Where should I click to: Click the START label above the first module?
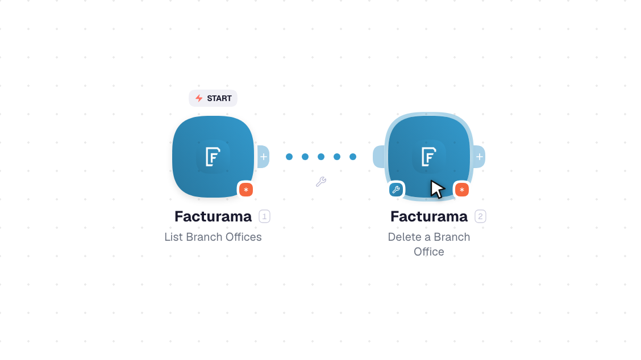pyautogui.click(x=213, y=98)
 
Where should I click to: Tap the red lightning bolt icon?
pyautogui.click(x=199, y=98)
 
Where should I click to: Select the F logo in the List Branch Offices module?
pyautogui.click(x=213, y=157)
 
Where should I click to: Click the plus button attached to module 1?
pyautogui.click(x=264, y=157)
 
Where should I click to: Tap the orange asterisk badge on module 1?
pyautogui.click(x=245, y=190)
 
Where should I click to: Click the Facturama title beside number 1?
pyautogui.click(x=213, y=216)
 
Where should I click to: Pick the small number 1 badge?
pyautogui.click(x=264, y=216)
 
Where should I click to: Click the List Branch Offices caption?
pyautogui.click(x=213, y=237)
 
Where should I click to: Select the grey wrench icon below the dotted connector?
pyautogui.click(x=321, y=182)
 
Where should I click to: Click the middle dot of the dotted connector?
pyautogui.click(x=321, y=157)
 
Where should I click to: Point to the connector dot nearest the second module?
pyautogui.click(x=353, y=157)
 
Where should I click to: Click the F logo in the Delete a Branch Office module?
pyautogui.click(x=429, y=157)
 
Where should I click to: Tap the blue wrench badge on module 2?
pyautogui.click(x=396, y=190)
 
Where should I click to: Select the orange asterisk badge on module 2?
pyautogui.click(x=462, y=190)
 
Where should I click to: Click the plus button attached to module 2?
pyautogui.click(x=480, y=157)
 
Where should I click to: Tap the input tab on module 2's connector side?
pyautogui.click(x=378, y=157)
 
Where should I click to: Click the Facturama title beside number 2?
pyautogui.click(x=429, y=216)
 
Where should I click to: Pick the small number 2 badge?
pyautogui.click(x=480, y=216)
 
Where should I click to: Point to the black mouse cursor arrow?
pyautogui.click(x=436, y=189)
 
